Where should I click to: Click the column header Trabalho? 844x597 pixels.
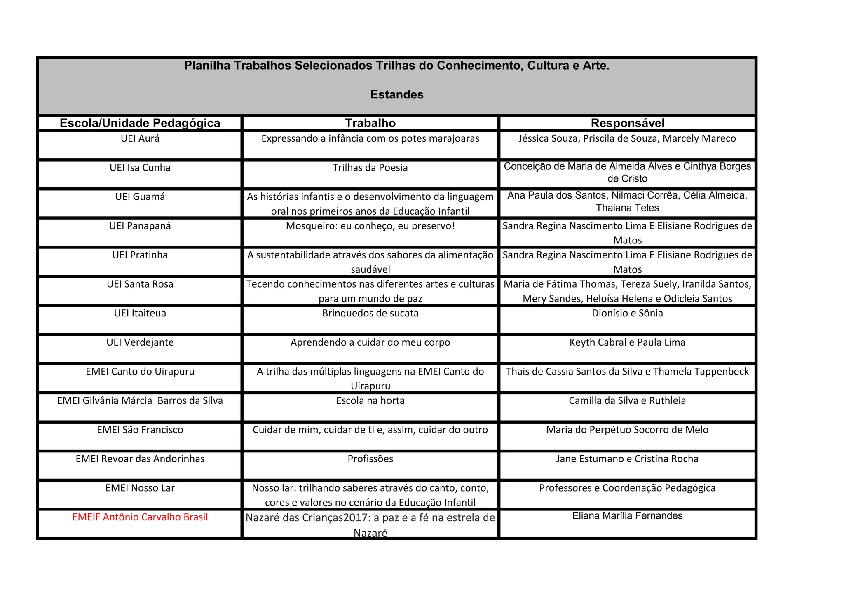tap(370, 123)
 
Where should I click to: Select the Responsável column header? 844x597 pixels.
tap(627, 123)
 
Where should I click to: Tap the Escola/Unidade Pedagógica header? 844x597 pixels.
tap(140, 123)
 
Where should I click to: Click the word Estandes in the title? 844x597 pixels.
tap(396, 95)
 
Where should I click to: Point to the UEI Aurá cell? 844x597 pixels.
tap(140, 139)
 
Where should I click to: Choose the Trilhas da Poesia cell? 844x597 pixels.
tap(370, 168)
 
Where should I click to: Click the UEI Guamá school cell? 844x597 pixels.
tap(140, 197)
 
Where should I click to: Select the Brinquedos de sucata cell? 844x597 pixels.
tap(370, 314)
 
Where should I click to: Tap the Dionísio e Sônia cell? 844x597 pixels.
tap(627, 314)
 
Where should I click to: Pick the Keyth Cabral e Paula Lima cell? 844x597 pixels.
tap(627, 342)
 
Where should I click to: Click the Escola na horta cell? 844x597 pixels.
tap(370, 401)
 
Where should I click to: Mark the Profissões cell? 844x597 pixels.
tap(370, 459)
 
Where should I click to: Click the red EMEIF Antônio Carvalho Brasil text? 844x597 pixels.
tap(140, 517)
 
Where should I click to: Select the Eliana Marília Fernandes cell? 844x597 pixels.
tap(627, 516)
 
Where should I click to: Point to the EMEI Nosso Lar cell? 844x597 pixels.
tap(140, 488)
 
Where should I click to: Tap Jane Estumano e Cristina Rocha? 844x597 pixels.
tap(627, 459)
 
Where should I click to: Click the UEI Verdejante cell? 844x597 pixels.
tap(140, 342)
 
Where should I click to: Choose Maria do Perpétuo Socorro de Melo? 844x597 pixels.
tap(627, 430)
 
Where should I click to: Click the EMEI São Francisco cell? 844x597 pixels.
tap(140, 430)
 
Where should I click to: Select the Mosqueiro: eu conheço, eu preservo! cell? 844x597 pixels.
tap(370, 226)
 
